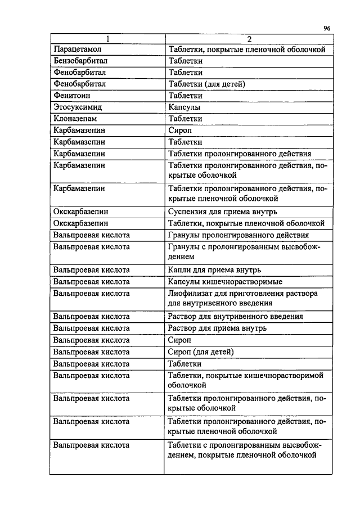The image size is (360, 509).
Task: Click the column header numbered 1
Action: point(107,39)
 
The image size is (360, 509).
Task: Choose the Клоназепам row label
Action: point(75,119)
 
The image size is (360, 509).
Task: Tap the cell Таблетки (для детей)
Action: point(206,84)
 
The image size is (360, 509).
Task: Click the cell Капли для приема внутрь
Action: point(214,269)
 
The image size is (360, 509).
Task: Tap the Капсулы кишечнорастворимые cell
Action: point(225,281)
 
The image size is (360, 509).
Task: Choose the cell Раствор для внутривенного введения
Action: point(236,316)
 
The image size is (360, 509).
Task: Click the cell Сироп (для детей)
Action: point(201,352)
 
